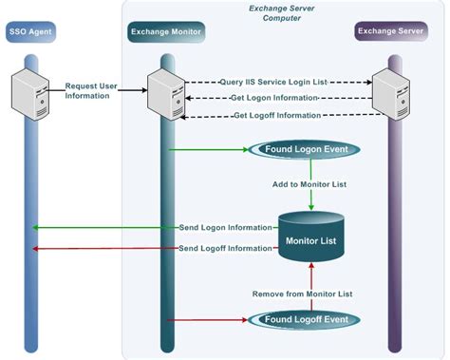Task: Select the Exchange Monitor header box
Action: pos(166,32)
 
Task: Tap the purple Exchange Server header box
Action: pos(390,32)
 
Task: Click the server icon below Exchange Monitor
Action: pos(167,90)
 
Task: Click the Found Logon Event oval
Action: pos(303,149)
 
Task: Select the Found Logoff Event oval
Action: pos(303,320)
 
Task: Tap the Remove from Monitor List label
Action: pos(302,294)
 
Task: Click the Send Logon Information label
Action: pos(225,228)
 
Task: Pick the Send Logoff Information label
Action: pos(225,248)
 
